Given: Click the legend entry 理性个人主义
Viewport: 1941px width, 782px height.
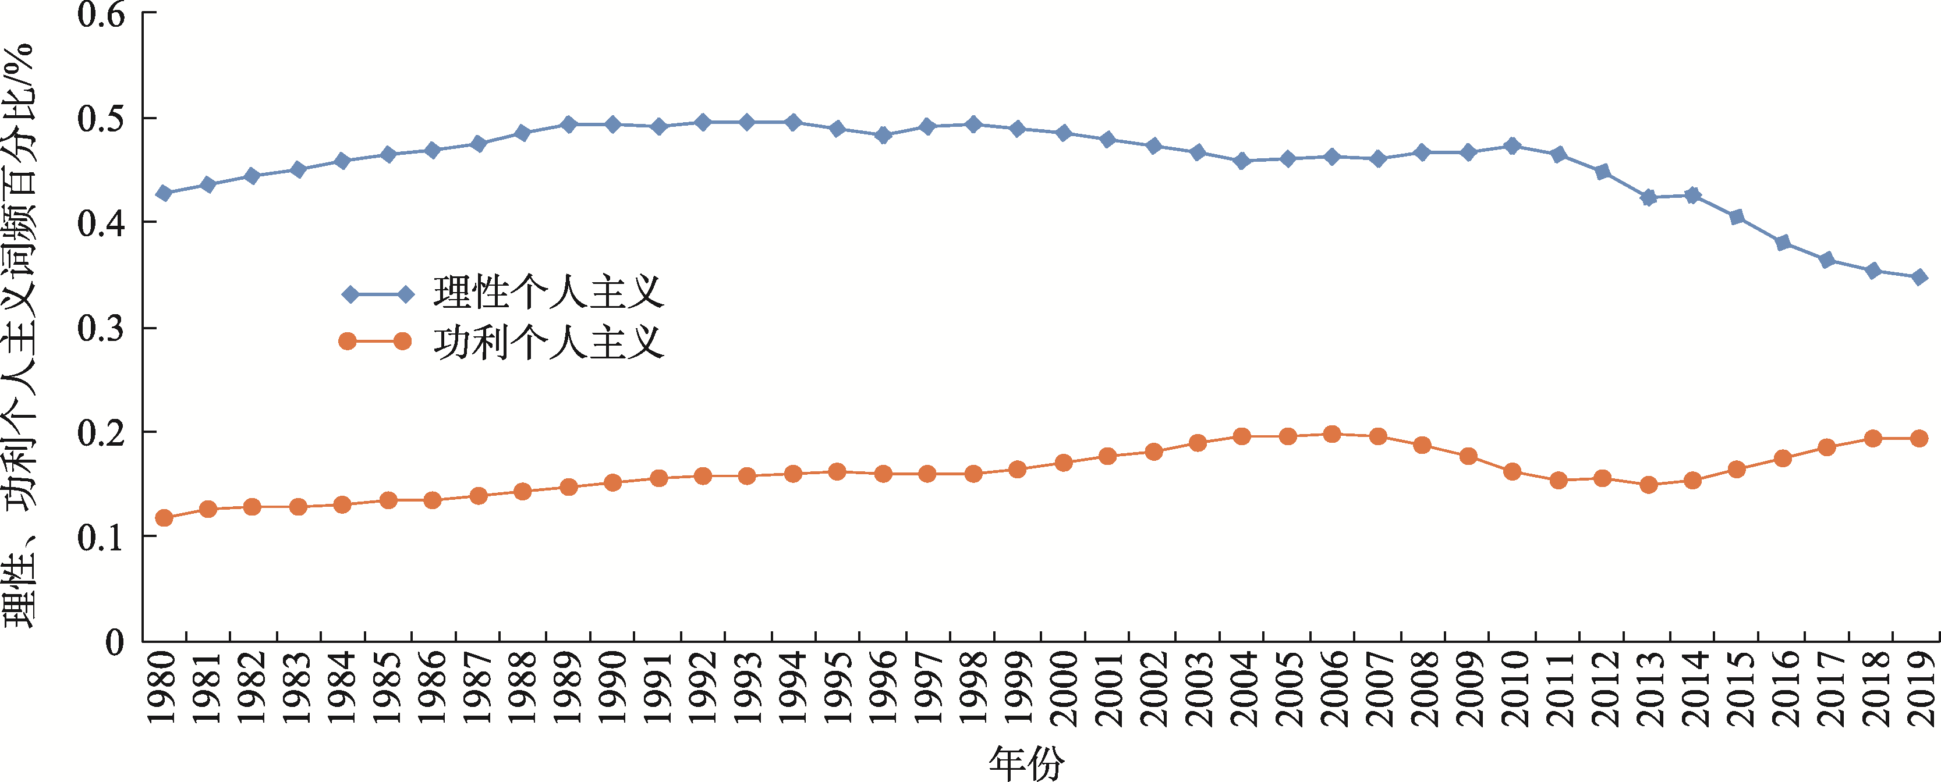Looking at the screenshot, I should [548, 293].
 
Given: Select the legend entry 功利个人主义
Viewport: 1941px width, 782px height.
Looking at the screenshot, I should [548, 342].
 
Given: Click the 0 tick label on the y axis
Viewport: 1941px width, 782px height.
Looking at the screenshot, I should [115, 642].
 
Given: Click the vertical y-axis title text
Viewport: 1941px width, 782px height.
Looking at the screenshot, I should [20, 335].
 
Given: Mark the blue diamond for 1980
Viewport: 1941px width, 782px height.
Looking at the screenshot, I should [164, 194].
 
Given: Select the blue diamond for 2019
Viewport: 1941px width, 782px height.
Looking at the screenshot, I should [1919, 277].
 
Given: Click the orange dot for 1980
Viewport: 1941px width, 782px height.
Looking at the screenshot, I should [164, 518].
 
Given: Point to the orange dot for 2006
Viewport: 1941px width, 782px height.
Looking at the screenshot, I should [1331, 434].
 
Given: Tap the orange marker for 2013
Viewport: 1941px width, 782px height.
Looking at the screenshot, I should [1648, 485].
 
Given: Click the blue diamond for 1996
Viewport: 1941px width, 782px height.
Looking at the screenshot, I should [883, 136].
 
